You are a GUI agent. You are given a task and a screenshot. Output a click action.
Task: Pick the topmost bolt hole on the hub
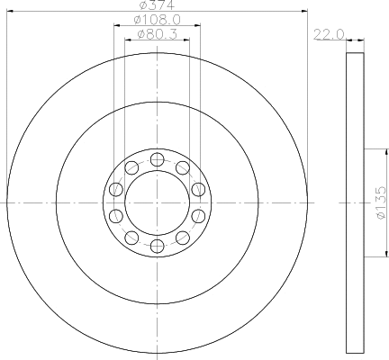pos(157,160)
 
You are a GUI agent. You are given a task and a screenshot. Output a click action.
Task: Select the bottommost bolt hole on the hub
pos(157,246)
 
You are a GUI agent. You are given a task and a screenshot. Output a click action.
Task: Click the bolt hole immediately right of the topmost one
pos(182,167)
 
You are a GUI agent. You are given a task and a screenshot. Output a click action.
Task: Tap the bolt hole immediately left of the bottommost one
pos(131,238)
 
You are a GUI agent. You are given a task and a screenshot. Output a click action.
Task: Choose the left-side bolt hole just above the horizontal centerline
pos(115,190)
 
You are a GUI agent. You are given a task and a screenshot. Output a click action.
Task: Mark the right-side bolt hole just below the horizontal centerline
pos(197,216)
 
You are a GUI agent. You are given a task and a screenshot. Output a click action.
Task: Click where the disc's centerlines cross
pos(157,203)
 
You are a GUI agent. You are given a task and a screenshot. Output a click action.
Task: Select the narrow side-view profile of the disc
pos(355,203)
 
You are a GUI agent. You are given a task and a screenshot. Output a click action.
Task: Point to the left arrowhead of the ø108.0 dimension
pos(116,26)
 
